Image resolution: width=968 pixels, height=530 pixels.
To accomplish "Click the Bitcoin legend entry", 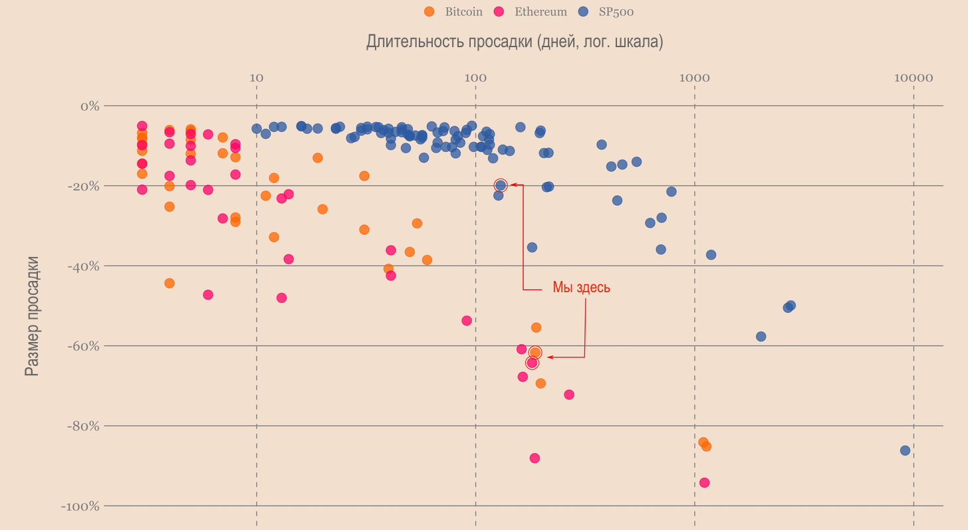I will tap(454, 11).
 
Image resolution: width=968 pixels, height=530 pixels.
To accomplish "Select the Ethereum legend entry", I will tap(531, 11).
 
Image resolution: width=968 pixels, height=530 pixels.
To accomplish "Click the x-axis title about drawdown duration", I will tap(514, 42).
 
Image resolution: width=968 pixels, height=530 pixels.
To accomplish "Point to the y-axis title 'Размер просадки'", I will tap(31, 315).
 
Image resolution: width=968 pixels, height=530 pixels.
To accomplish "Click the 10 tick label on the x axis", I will tap(256, 78).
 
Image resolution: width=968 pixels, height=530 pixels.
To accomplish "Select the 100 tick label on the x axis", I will tap(475, 78).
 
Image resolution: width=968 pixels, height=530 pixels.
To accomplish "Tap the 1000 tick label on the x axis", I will tap(694, 78).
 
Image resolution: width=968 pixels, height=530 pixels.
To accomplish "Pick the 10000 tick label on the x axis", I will tap(913, 78).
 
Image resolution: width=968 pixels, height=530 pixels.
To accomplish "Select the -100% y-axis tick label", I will tap(80, 506).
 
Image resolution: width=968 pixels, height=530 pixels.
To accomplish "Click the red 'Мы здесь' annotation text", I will tap(581, 288).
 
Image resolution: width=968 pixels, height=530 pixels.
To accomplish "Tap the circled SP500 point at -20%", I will tap(501, 185).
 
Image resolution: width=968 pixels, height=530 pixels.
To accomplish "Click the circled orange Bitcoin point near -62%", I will tap(535, 352).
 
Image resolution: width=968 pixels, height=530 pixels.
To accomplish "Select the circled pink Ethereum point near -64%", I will tap(532, 363).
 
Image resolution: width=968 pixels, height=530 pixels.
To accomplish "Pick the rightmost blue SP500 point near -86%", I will tap(905, 450).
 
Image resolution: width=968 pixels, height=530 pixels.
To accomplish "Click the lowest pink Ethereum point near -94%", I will tap(704, 482).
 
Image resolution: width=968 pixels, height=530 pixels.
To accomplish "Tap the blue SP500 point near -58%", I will tap(761, 337).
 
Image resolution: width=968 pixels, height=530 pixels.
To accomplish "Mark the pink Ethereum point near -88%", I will tap(535, 458).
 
